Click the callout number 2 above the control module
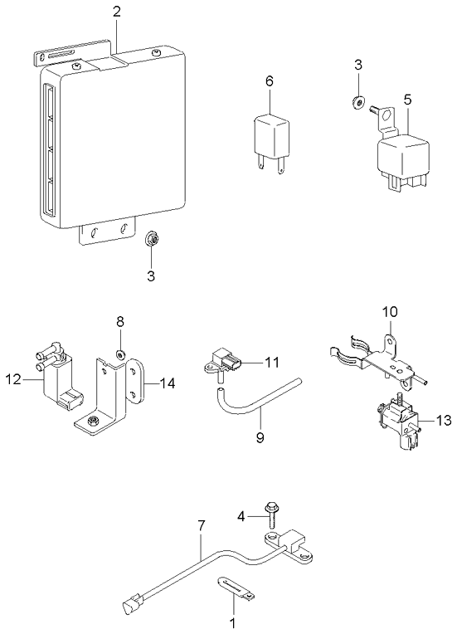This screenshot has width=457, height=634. click(x=116, y=12)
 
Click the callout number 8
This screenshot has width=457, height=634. click(x=119, y=320)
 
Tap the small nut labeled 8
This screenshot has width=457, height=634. click(x=120, y=354)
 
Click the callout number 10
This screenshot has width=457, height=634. click(x=391, y=312)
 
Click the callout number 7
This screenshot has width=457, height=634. click(x=201, y=524)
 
